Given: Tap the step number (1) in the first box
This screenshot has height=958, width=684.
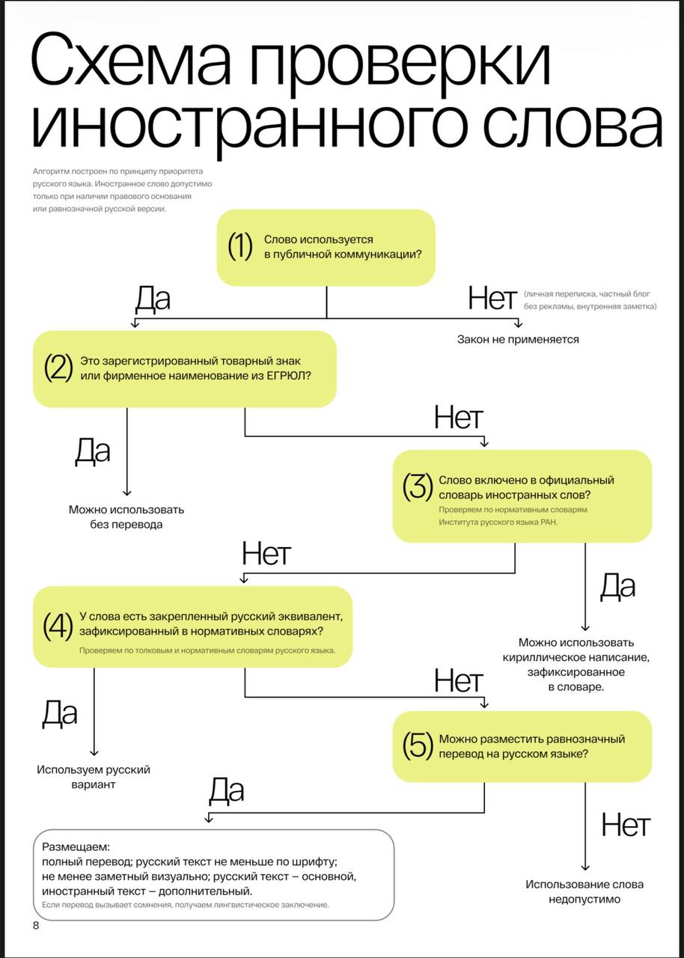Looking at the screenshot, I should tap(240, 247).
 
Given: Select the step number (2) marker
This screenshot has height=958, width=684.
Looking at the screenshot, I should tap(58, 368).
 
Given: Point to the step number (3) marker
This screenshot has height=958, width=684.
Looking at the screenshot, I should tap(418, 487).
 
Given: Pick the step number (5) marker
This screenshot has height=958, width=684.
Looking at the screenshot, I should tap(418, 746).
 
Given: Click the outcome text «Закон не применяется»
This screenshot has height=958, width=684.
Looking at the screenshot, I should tap(518, 340).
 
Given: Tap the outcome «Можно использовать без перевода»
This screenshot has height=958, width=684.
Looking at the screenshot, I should tap(126, 517).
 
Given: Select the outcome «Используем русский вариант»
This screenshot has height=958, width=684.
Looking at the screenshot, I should tap(94, 777).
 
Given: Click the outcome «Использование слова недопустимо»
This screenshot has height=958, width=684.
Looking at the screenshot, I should tap(584, 891).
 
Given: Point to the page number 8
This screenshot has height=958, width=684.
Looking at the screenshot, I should tap(36, 926).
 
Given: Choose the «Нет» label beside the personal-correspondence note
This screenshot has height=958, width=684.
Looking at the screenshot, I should tap(492, 299).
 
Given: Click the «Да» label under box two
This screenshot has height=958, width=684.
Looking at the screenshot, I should tap(93, 451).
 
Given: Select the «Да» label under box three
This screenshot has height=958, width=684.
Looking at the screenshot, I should tap(617, 588).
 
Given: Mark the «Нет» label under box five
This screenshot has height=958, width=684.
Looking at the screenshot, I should tap(625, 826).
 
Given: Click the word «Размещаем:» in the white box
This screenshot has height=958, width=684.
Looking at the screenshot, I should tap(76, 848).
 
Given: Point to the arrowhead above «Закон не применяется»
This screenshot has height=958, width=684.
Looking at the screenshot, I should tap(517, 323).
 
